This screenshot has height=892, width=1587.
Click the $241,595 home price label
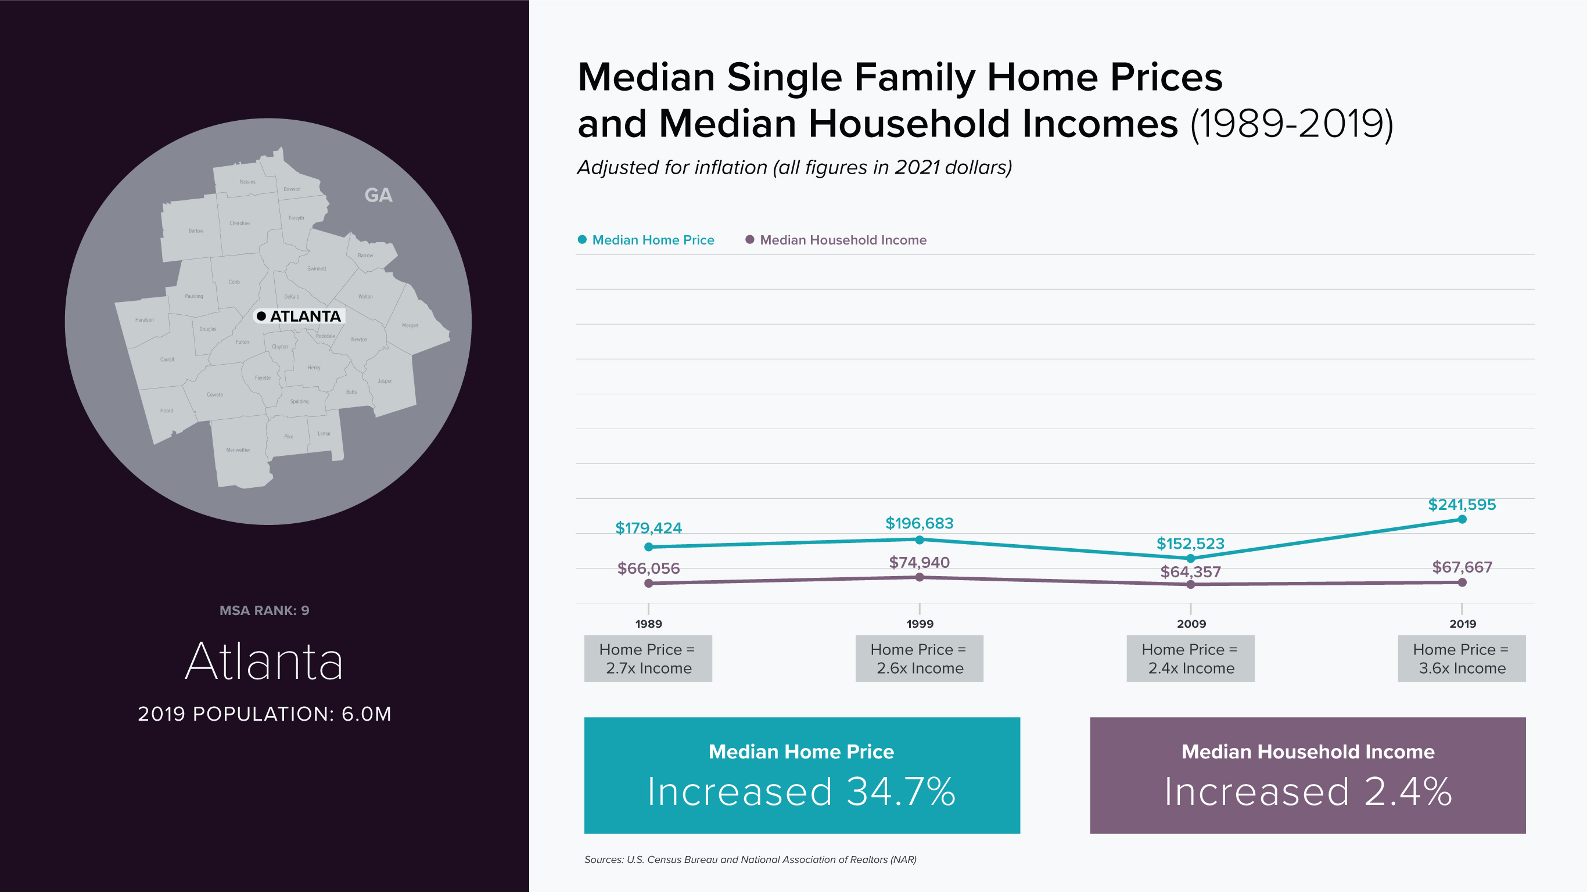[1462, 505]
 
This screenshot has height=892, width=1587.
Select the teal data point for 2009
[1190, 558]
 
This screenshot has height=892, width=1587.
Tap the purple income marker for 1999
[919, 577]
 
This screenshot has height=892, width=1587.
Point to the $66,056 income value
[648, 568]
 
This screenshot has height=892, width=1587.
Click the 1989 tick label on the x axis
[648, 624]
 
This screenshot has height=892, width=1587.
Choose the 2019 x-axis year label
[1462, 624]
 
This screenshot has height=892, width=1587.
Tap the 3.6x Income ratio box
[1462, 659]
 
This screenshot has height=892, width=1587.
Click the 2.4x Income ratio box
[1190, 659]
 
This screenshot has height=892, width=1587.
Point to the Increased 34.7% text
[801, 792]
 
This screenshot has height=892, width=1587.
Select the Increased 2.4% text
[1308, 792]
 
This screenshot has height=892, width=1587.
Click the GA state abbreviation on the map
[378, 195]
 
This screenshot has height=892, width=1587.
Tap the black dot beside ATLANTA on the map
[261, 316]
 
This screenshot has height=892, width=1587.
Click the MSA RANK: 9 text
[264, 610]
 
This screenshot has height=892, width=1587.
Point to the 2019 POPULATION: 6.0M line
[264, 713]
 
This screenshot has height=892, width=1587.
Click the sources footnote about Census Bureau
[750, 859]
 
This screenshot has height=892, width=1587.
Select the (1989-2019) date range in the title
[1291, 124]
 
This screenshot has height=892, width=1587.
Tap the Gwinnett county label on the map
[317, 268]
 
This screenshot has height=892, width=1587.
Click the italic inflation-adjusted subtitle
[794, 168]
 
